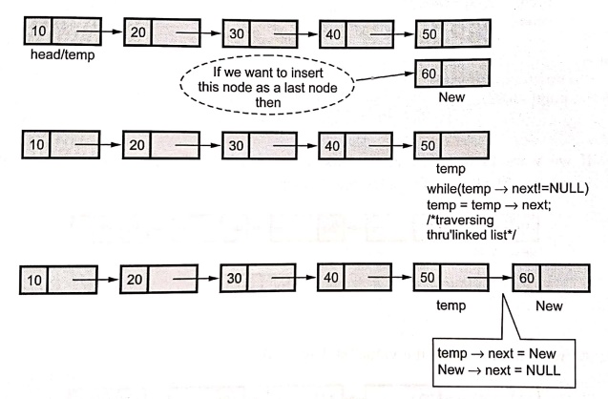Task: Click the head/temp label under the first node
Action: [62, 54]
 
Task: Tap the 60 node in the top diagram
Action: [452, 73]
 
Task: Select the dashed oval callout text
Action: [267, 87]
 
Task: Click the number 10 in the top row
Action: [39, 31]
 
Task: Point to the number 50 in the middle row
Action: [428, 145]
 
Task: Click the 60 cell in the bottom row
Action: [527, 278]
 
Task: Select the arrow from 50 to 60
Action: [491, 278]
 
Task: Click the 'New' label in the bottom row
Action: [549, 306]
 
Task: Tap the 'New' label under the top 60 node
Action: [451, 97]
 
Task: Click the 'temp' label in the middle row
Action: [451, 169]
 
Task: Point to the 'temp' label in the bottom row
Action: [451, 305]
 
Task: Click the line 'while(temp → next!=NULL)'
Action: [508, 189]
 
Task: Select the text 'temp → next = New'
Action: [496, 353]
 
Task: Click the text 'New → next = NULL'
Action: [499, 370]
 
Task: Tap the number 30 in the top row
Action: [237, 33]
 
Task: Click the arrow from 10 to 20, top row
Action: [99, 31]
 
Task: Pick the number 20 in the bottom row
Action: [135, 279]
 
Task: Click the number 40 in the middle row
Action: [332, 146]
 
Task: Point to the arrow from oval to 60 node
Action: [385, 76]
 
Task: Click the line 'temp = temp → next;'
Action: [489, 204]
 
